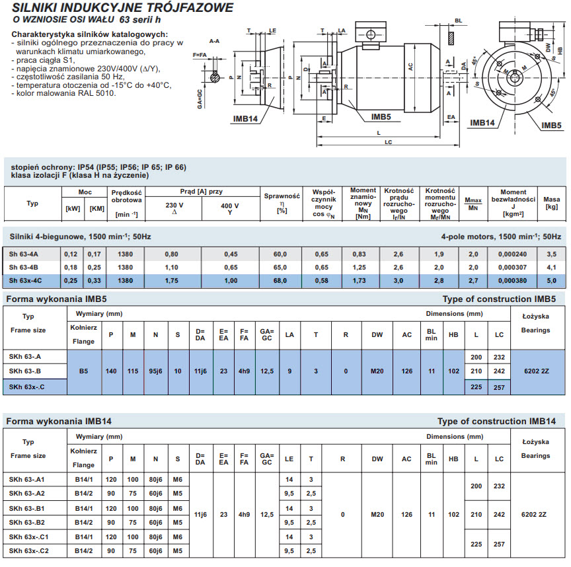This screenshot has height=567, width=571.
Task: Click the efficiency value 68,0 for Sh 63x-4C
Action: point(280,281)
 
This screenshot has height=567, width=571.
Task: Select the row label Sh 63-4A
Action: point(23,254)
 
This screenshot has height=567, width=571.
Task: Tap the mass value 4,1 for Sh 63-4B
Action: point(551,267)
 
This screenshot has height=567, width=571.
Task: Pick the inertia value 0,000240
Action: point(512,254)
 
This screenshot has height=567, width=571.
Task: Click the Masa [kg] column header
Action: point(551,203)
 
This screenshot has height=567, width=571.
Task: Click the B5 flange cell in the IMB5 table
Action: point(83,371)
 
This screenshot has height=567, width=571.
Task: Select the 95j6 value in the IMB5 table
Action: point(155,371)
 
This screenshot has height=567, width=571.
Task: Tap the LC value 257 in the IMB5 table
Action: point(499,387)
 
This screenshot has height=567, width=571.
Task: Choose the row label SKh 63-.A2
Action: point(26,494)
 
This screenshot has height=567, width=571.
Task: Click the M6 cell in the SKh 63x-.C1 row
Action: point(177,537)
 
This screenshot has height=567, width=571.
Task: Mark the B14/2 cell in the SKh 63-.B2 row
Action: point(84,522)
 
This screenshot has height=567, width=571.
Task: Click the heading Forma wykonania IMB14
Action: point(59,422)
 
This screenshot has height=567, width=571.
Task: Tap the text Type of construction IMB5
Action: point(499,299)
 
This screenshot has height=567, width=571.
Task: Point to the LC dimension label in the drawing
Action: point(388,142)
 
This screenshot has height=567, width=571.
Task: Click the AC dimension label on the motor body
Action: point(410,67)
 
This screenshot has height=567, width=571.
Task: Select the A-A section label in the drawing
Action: point(214,41)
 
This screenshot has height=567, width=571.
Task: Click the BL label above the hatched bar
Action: point(459,20)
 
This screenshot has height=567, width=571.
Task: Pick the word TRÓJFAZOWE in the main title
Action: point(184,7)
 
